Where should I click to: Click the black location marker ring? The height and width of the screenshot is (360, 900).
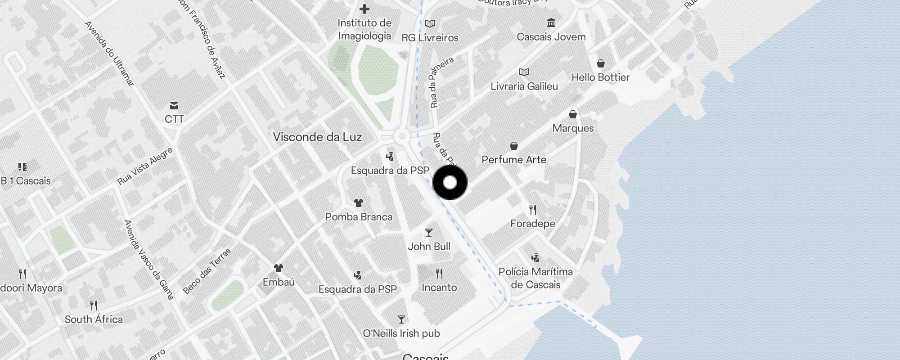(450, 183)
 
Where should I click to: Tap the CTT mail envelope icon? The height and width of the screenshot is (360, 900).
(174, 106)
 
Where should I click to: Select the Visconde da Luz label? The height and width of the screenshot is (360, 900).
(317, 137)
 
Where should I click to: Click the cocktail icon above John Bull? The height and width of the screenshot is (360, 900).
(429, 233)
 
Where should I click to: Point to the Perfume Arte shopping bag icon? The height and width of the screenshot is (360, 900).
(514, 146)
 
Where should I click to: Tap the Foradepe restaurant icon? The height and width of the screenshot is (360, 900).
(533, 209)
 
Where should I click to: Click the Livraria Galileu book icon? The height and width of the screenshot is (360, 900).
(524, 72)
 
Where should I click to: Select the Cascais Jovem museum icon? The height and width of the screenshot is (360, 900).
(551, 22)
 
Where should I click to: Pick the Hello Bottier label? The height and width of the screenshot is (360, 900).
(600, 77)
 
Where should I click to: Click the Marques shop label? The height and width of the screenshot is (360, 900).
(573, 128)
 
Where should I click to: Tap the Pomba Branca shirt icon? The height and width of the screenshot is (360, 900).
(359, 203)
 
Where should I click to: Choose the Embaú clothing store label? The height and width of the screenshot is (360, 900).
(279, 282)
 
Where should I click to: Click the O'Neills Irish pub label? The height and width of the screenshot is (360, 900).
(401, 333)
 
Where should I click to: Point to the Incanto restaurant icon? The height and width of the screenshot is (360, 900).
(439, 273)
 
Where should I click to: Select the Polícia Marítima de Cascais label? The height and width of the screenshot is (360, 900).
(535, 278)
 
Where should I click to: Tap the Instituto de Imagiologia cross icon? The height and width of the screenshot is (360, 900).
(364, 9)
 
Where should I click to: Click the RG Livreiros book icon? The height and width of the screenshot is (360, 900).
(430, 23)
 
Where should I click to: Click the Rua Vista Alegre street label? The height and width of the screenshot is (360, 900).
(145, 166)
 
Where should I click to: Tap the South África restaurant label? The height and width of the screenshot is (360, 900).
(94, 319)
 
